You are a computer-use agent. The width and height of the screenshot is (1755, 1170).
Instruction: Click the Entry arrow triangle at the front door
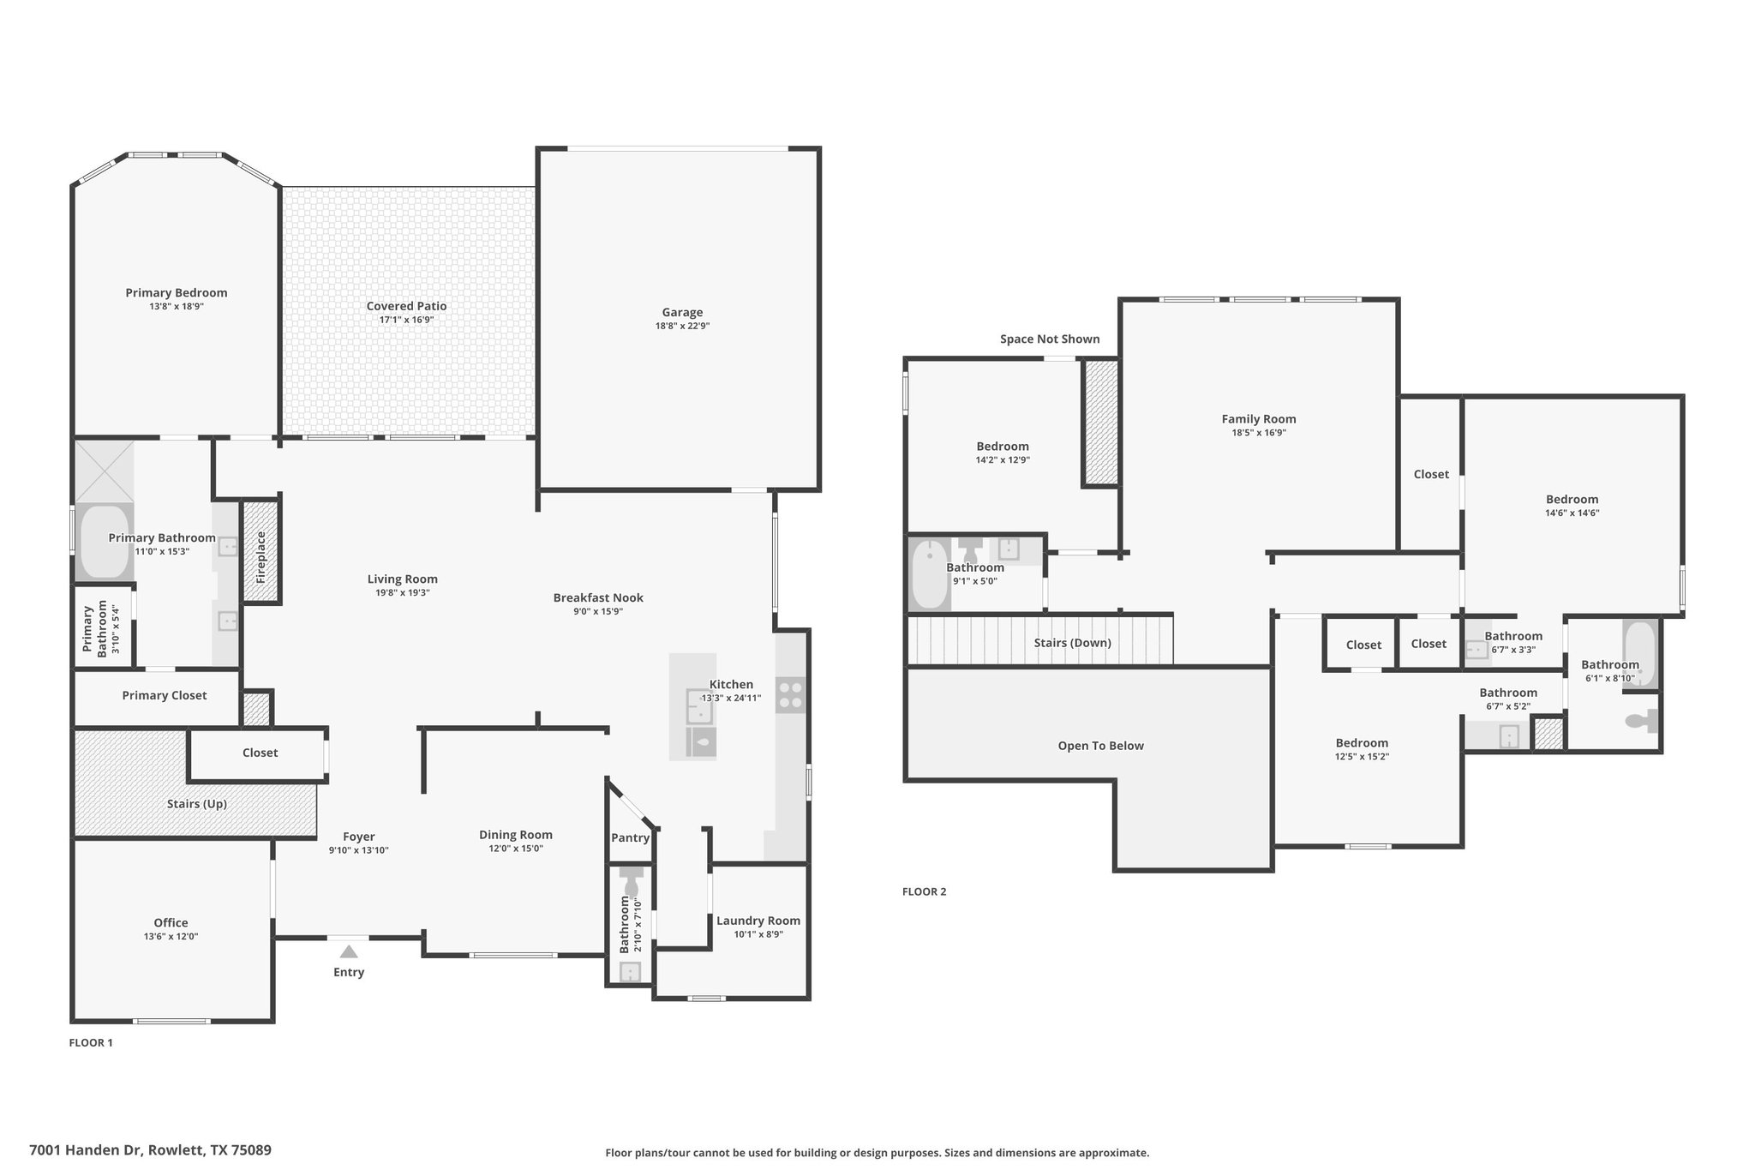[349, 951]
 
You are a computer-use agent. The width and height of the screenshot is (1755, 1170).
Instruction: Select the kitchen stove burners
[791, 695]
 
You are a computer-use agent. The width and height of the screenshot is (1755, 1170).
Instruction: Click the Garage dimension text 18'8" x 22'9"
[682, 326]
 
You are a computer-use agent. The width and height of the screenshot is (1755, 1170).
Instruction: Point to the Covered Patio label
[406, 306]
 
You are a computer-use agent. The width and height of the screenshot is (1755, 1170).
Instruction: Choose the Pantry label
[631, 837]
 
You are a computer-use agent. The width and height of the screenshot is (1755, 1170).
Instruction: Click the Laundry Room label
[758, 921]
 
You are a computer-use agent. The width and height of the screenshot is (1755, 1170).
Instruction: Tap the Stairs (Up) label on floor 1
[197, 804]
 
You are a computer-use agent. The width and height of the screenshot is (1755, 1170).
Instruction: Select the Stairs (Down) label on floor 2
[1073, 643]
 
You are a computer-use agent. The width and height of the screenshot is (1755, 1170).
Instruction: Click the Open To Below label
[1101, 746]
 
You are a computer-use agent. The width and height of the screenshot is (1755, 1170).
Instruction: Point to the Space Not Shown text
[1050, 339]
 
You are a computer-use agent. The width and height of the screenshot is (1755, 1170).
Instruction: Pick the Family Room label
[1259, 419]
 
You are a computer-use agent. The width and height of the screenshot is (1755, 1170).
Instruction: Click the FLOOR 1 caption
[91, 1043]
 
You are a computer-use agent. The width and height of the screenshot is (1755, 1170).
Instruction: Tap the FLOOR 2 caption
[925, 891]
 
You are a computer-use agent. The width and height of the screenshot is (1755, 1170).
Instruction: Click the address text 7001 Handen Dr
[87, 1150]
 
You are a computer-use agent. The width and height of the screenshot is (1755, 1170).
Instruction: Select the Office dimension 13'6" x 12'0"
[171, 937]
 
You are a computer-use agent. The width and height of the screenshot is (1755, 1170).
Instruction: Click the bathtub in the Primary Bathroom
[104, 541]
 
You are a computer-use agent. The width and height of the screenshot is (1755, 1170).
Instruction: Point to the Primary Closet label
[165, 695]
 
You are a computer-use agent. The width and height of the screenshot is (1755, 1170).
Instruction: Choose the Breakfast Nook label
[598, 597]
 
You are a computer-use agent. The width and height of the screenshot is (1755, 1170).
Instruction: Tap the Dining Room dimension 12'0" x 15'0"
[516, 849]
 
